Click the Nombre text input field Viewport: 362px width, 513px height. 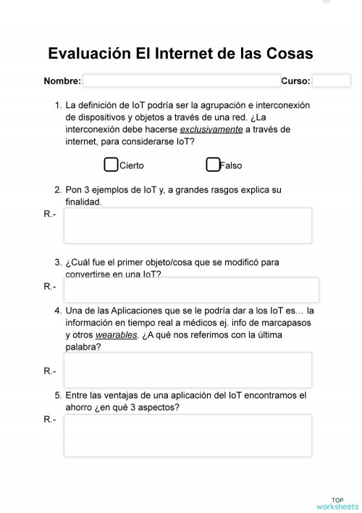[x=181, y=81]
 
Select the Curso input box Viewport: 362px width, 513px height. [x=332, y=81]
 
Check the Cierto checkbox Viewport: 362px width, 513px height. [x=111, y=165]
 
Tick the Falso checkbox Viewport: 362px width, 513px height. [x=213, y=165]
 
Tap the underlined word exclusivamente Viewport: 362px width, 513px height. [x=211, y=129]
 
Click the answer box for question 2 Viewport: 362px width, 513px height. [x=188, y=226]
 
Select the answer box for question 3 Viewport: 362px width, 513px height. [x=188, y=288]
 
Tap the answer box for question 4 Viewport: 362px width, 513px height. [x=188, y=370]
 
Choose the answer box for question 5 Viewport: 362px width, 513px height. [x=188, y=435]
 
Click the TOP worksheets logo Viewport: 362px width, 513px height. [x=337, y=503]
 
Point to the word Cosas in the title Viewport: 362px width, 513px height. [x=287, y=54]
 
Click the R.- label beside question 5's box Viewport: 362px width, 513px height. [x=50, y=420]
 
